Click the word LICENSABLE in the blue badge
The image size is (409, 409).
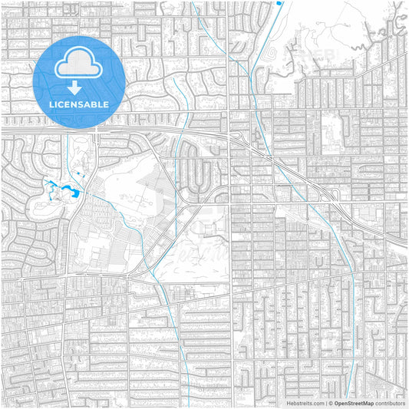pyautogui.click(x=80, y=104)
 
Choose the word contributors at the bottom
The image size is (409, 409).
pyautogui.click(x=390, y=402)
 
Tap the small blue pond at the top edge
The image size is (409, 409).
pyautogui.click(x=279, y=2)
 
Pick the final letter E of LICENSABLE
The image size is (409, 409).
pyautogui.click(x=107, y=104)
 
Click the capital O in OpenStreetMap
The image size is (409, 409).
pyautogui.click(x=337, y=402)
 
